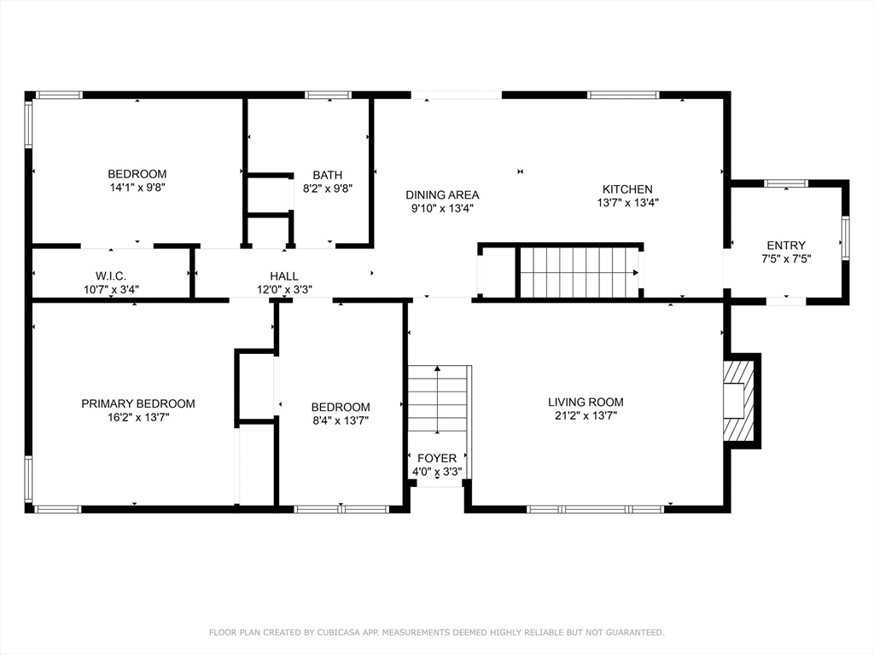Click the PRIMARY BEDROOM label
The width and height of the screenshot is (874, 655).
(x=138, y=403)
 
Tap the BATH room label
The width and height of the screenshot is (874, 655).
(x=327, y=175)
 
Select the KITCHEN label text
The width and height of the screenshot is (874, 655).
(x=627, y=189)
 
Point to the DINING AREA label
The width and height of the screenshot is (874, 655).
(x=442, y=195)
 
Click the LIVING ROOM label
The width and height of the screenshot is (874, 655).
(x=586, y=403)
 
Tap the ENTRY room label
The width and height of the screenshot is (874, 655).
(x=786, y=246)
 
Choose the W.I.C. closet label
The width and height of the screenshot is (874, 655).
(x=111, y=276)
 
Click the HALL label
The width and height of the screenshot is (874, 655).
(x=284, y=276)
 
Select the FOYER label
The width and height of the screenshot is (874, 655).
(x=437, y=458)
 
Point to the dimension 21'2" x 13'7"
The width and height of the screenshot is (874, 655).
(x=586, y=416)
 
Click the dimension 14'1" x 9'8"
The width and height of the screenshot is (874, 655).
(x=137, y=188)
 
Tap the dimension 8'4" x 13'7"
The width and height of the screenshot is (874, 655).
(x=341, y=420)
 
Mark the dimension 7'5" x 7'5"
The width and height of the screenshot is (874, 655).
(x=786, y=259)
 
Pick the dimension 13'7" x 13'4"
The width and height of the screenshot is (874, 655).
(x=627, y=203)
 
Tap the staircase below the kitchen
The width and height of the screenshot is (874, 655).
(x=580, y=272)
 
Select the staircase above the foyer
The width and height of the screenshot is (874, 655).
(x=438, y=399)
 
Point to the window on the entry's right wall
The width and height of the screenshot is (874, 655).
(x=846, y=238)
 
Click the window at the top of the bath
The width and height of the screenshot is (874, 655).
(x=329, y=96)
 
